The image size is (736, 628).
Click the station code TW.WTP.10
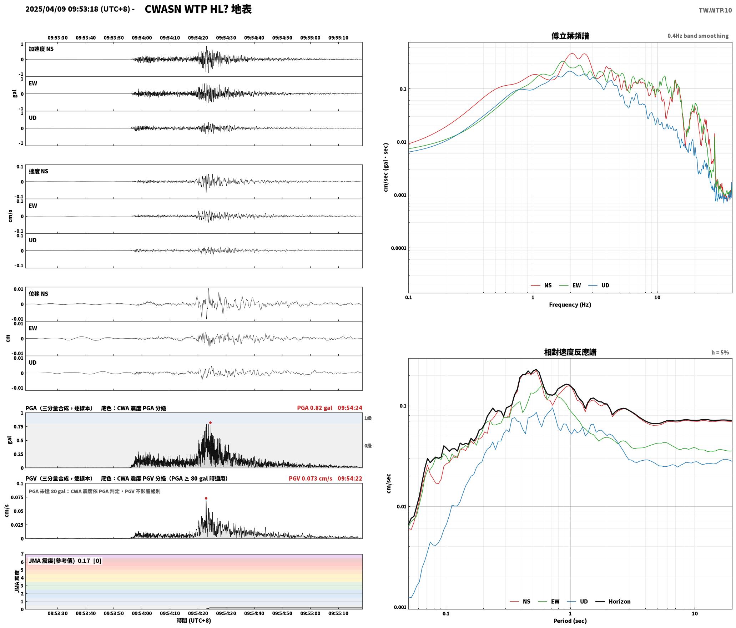(x=715, y=10)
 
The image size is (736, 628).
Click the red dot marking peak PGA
(x=210, y=422)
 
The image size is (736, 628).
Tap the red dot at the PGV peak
(x=206, y=498)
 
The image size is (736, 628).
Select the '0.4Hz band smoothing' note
(x=698, y=36)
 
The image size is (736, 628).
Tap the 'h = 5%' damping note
(x=720, y=352)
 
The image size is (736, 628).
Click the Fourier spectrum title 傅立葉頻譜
(x=570, y=36)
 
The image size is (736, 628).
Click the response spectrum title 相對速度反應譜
(x=570, y=352)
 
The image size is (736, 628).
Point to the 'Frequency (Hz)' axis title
(x=570, y=304)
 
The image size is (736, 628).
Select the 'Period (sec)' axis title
(x=570, y=621)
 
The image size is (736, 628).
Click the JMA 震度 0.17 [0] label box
(x=65, y=561)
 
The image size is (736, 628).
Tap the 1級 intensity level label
(x=368, y=418)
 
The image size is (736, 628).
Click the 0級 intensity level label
(x=368, y=446)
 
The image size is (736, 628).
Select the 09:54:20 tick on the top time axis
(x=198, y=37)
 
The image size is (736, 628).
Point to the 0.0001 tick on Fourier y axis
(x=398, y=248)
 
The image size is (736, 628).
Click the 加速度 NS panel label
(x=41, y=49)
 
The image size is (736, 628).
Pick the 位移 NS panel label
(x=38, y=294)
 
